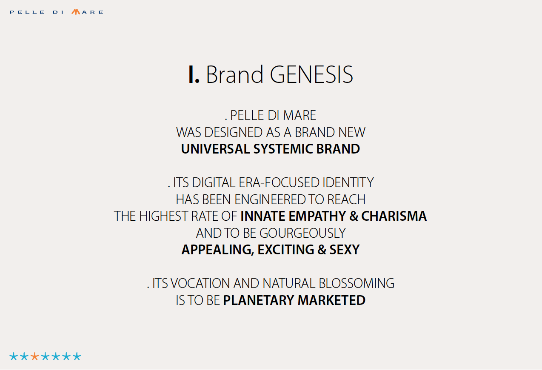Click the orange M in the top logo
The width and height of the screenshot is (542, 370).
pyautogui.click(x=76, y=12)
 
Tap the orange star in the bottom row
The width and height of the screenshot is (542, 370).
pyautogui.click(x=34, y=356)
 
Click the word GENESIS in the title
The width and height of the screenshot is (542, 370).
pyautogui.click(x=311, y=75)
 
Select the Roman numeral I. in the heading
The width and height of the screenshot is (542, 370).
pyautogui.click(x=194, y=75)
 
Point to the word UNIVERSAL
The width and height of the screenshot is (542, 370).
pyautogui.click(x=215, y=149)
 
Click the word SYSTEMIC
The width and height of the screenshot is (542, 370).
pyautogui.click(x=283, y=149)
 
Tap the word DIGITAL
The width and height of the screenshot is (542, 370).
pyautogui.click(x=214, y=182)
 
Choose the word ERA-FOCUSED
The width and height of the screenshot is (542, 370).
pyautogui.click(x=279, y=182)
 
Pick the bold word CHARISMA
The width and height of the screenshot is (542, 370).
pyautogui.click(x=394, y=216)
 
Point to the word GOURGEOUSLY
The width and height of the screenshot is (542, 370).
pyautogui.click(x=303, y=233)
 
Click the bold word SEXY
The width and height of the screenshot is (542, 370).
pyautogui.click(x=345, y=250)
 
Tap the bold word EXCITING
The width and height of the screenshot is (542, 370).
pyautogui.click(x=285, y=250)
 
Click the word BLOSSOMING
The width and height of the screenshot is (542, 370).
pyautogui.click(x=357, y=283)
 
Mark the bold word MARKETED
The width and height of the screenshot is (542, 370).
pyautogui.click(x=331, y=300)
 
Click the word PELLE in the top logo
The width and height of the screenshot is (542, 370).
pyautogui.click(x=27, y=12)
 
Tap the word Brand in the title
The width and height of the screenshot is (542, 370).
pyautogui.click(x=234, y=75)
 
